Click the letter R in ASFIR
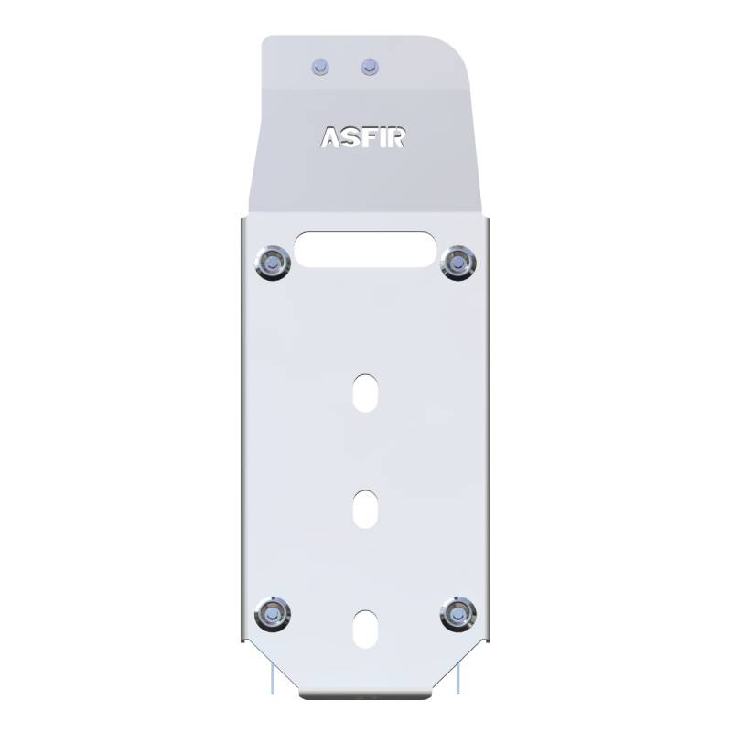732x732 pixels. pyautogui.click(x=395, y=137)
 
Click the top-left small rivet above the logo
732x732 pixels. pyautogui.click(x=320, y=67)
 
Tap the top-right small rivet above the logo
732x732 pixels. pyautogui.click(x=370, y=67)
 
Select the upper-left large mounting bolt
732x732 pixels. pyautogui.click(x=273, y=263)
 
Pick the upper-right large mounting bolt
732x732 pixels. pyautogui.click(x=458, y=263)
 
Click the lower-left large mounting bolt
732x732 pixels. pyautogui.click(x=273, y=614)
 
